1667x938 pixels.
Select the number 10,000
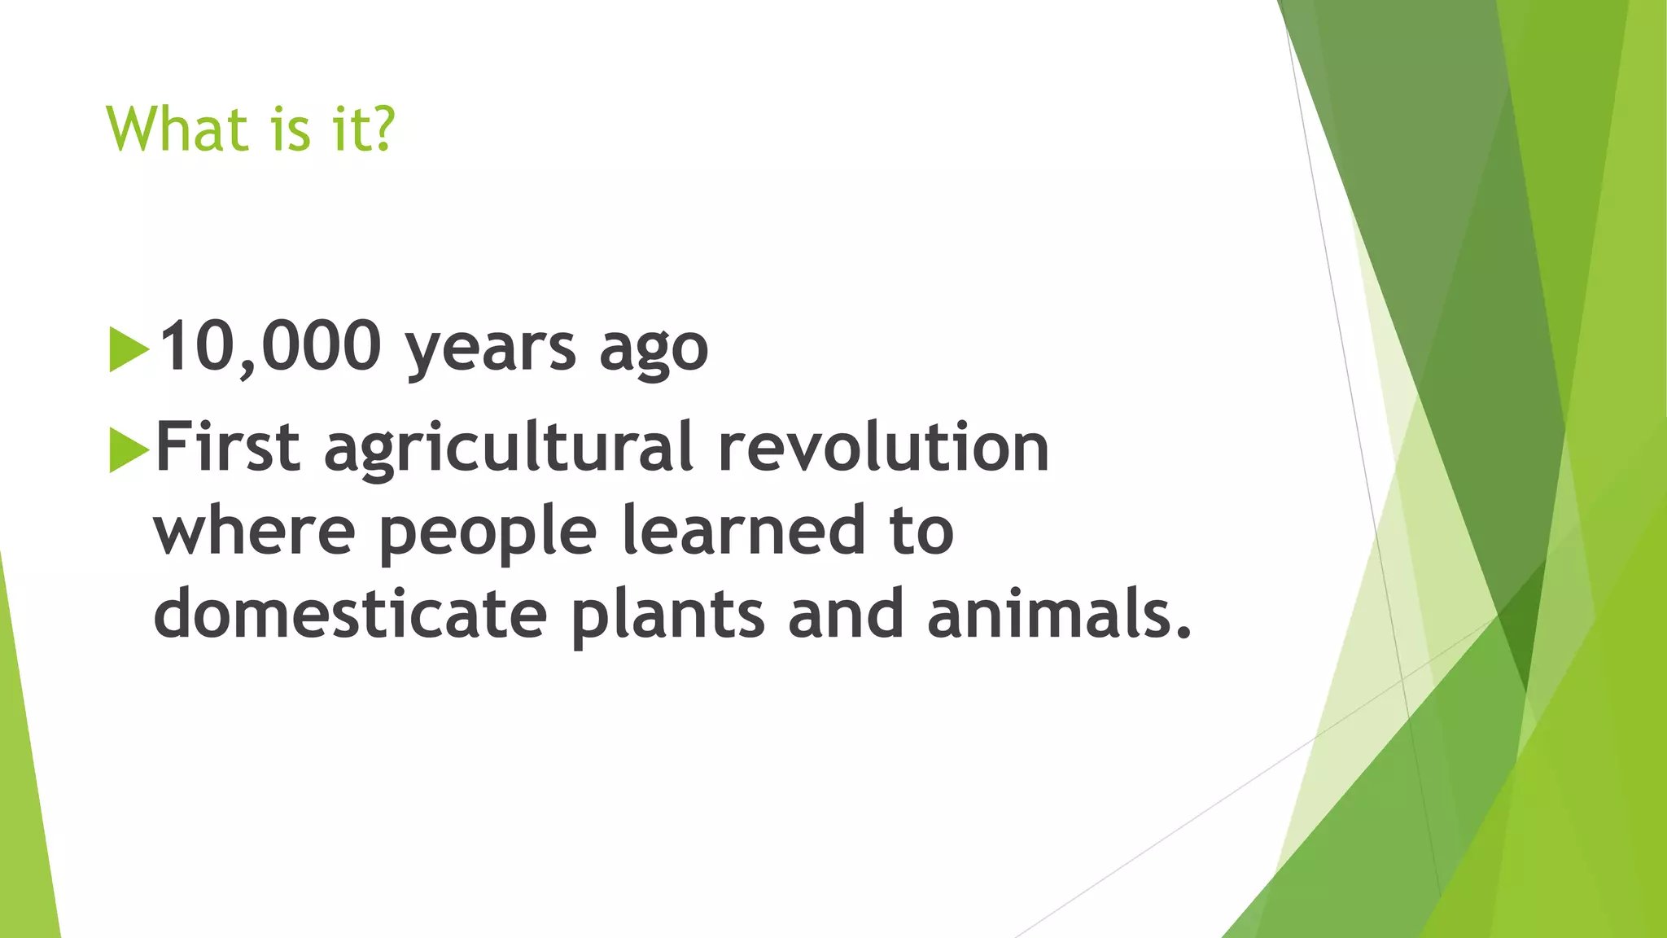point(269,347)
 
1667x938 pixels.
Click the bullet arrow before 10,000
point(128,349)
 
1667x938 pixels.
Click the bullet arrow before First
point(128,449)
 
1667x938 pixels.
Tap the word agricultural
point(509,449)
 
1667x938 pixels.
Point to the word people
point(488,533)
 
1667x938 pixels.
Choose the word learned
point(742,530)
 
